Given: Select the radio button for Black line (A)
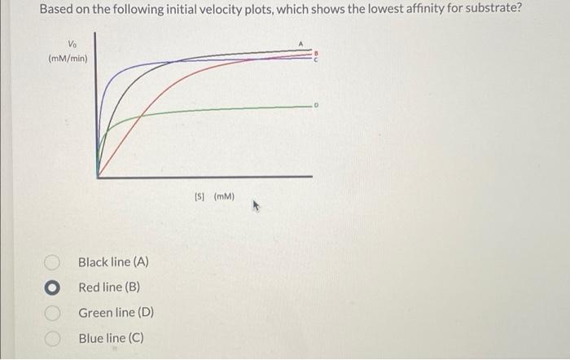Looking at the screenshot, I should [x=52, y=262].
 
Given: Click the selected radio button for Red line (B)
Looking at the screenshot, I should [x=52, y=288].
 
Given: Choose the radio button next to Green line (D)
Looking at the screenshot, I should [x=52, y=313].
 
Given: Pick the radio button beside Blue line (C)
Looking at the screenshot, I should [x=52, y=337].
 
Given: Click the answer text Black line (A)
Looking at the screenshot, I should [x=113, y=262].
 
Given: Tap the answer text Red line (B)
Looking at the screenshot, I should [x=110, y=288].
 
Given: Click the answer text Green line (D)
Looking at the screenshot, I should [x=116, y=313].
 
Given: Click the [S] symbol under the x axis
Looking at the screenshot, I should [x=200, y=196].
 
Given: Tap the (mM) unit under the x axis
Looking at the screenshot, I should [x=224, y=196].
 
